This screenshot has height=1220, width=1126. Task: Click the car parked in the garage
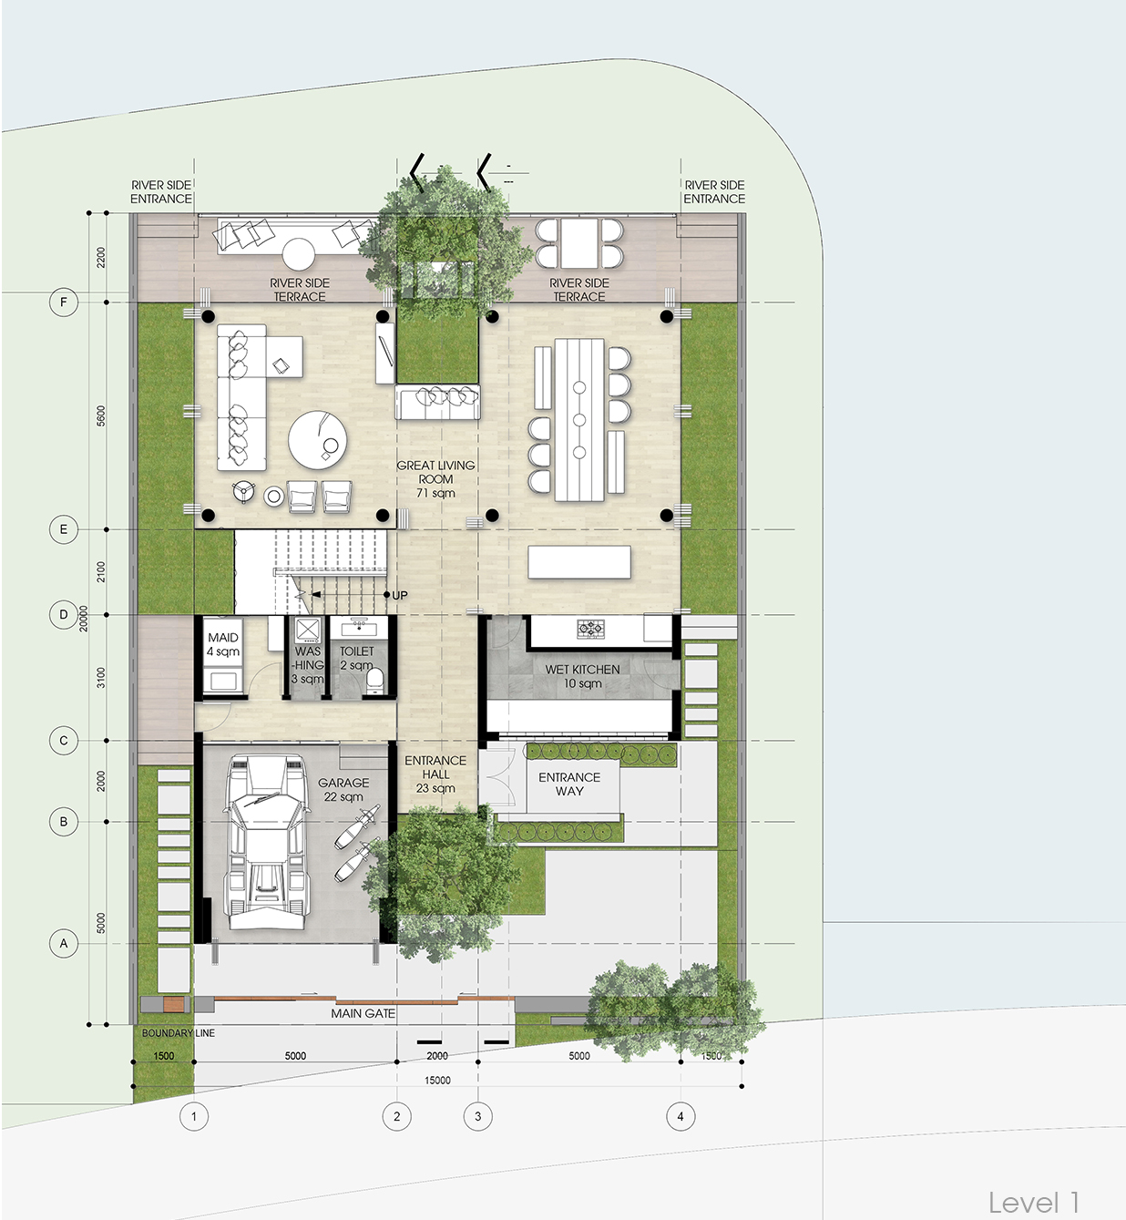point(267,842)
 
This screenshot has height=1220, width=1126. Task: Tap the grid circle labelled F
point(63,302)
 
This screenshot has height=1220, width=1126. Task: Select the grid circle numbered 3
point(478,1116)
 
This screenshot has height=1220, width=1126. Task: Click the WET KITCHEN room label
point(582,676)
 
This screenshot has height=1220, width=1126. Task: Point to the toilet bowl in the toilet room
point(374,681)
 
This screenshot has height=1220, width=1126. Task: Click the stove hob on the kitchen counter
point(590,628)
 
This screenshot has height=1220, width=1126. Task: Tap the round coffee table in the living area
point(318,439)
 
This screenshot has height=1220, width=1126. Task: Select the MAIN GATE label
point(363,1013)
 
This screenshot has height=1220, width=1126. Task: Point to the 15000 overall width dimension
point(437,1080)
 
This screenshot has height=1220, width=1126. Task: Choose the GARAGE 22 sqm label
point(343,789)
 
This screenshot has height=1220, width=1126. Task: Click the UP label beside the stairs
point(399,595)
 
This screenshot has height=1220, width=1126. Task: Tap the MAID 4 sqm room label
point(223,644)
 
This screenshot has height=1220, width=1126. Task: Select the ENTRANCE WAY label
point(569,784)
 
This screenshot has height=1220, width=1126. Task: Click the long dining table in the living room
point(579,419)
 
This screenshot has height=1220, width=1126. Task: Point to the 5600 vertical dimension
point(101,415)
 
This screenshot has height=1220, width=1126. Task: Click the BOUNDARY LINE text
point(179,1033)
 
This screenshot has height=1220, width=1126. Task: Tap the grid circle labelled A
point(63,943)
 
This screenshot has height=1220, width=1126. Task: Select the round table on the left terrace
point(299,254)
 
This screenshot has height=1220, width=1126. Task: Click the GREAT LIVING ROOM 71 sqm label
point(435,478)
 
